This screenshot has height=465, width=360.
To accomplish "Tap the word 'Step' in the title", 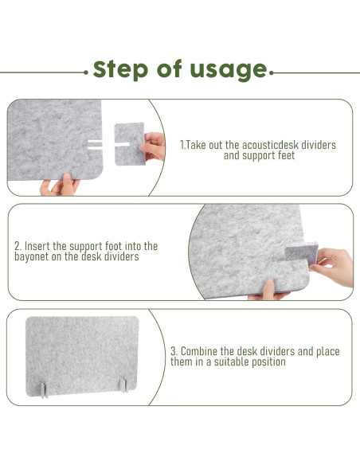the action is [120, 69].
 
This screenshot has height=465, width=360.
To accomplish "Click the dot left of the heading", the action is [86, 72].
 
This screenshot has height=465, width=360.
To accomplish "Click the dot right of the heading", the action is [272, 72].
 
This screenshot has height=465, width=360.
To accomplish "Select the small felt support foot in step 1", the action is [130, 144].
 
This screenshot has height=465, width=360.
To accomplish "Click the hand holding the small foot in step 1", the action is [153, 147].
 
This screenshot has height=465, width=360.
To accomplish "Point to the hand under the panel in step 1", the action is [61, 185].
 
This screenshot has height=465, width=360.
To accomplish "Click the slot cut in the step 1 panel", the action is [95, 144].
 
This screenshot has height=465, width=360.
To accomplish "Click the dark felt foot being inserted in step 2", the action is [302, 252].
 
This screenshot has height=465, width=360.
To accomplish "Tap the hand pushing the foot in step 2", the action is [333, 267].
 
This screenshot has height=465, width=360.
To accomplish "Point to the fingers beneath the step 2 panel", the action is [268, 290].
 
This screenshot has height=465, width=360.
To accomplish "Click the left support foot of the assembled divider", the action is [44, 389].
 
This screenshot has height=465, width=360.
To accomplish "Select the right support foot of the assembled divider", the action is [123, 385].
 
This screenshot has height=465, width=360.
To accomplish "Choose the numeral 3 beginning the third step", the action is [174, 351].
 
